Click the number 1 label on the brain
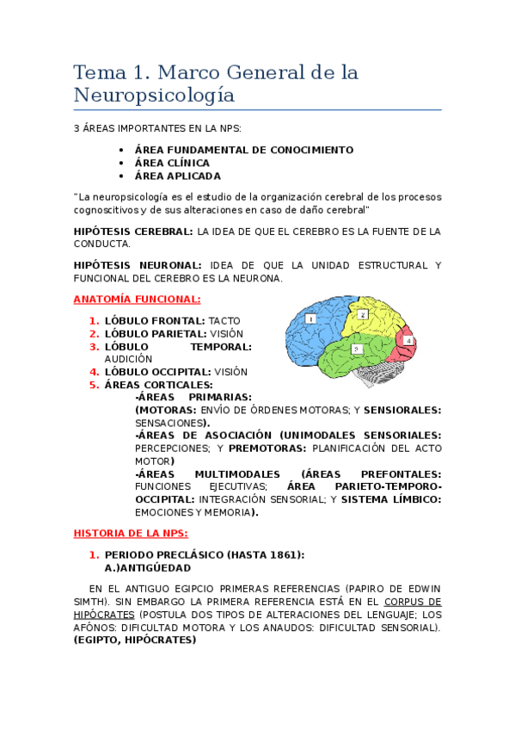click(310, 319)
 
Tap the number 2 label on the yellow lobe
click(363, 315)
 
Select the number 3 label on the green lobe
click(356, 349)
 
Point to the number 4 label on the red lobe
click(408, 341)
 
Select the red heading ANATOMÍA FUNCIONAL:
click(137, 300)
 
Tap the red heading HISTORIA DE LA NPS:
click(131, 534)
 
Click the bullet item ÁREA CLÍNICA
click(172, 163)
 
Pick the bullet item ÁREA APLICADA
click(177, 176)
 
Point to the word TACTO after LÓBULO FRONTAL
click(224, 320)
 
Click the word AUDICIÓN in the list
click(128, 359)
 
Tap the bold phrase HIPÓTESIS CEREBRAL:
click(133, 232)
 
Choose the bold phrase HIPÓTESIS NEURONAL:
click(138, 265)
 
